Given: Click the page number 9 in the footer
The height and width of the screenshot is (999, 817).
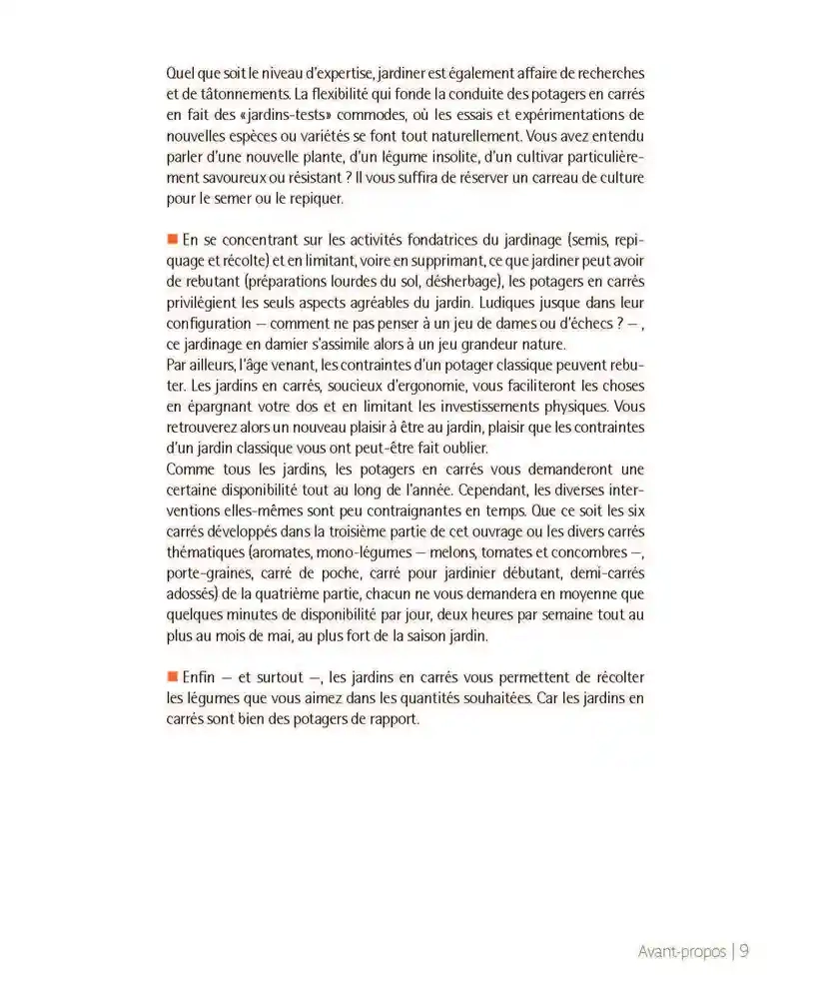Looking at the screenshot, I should tap(744, 951).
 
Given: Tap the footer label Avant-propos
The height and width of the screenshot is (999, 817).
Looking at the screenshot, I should tap(682, 952).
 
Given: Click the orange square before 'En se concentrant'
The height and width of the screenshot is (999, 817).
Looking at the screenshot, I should tap(172, 239).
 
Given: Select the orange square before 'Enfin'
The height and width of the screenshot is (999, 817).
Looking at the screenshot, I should tap(172, 676).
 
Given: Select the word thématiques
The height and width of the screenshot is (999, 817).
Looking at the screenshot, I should tap(206, 553).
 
